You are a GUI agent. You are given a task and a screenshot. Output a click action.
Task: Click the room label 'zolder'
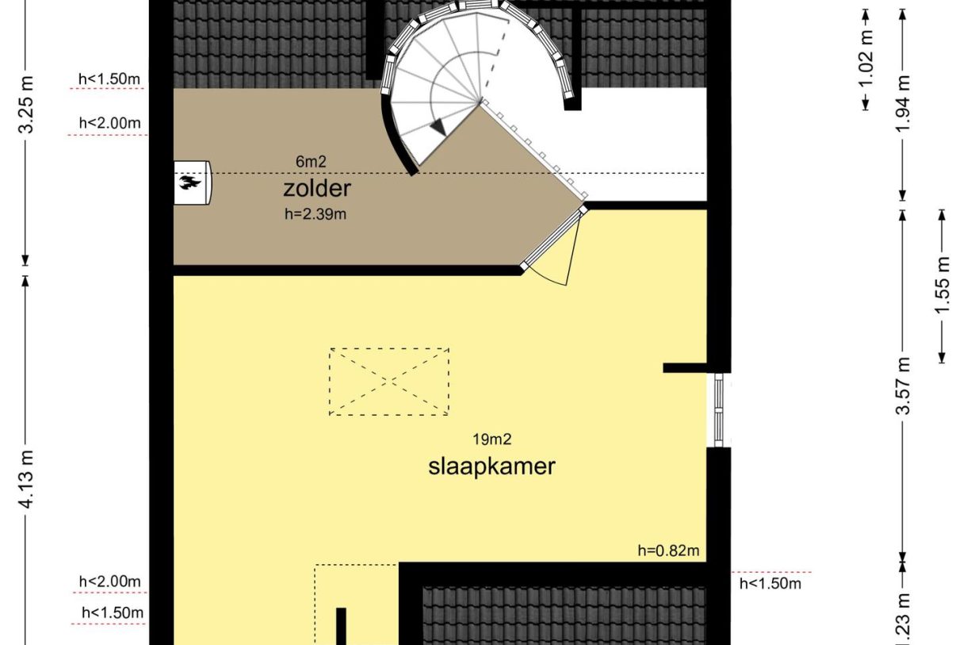[x=316, y=189]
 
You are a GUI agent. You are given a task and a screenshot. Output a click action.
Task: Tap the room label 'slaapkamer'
[x=491, y=466]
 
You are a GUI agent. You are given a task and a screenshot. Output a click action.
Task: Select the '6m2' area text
[x=312, y=162]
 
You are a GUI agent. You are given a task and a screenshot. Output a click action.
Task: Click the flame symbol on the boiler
[x=189, y=183]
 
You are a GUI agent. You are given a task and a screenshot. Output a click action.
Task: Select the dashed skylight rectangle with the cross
[x=389, y=381]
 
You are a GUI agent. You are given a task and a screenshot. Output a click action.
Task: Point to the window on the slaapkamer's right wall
[x=719, y=409]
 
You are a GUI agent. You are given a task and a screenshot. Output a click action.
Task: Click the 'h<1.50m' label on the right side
[x=770, y=584]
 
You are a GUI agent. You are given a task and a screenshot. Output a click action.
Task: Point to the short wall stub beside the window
[x=684, y=367]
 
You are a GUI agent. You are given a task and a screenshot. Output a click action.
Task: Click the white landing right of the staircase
[x=642, y=143]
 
